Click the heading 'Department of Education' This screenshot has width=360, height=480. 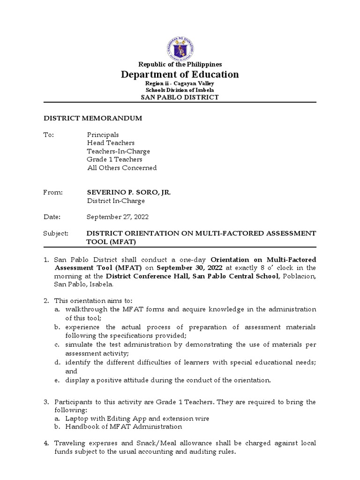pyautogui.click(x=180, y=75)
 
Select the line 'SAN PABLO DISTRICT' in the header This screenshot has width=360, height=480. pyautogui.click(x=180, y=97)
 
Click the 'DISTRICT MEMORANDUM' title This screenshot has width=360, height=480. pyautogui.click(x=93, y=119)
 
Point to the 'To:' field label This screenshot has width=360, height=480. pyautogui.click(x=49, y=135)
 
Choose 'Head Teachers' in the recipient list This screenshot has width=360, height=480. pyautogui.click(x=111, y=143)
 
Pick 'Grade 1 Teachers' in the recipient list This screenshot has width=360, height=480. pyautogui.click(x=115, y=159)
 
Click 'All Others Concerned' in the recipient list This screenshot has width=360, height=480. pyautogui.click(x=122, y=168)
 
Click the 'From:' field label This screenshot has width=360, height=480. pyautogui.click(x=52, y=192)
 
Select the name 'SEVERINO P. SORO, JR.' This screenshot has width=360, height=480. pyautogui.click(x=127, y=192)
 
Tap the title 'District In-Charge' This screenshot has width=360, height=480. pyautogui.click(x=116, y=201)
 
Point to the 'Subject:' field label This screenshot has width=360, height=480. pyautogui.click(x=56, y=233)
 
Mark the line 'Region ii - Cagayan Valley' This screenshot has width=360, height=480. pyautogui.click(x=180, y=83)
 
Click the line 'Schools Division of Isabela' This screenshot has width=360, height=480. pyautogui.click(x=180, y=90)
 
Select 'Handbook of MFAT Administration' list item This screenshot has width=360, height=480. pyautogui.click(x=124, y=427)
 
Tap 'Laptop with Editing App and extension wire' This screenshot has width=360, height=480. pyautogui.click(x=137, y=418)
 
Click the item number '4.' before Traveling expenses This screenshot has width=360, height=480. pyautogui.click(x=46, y=443)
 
